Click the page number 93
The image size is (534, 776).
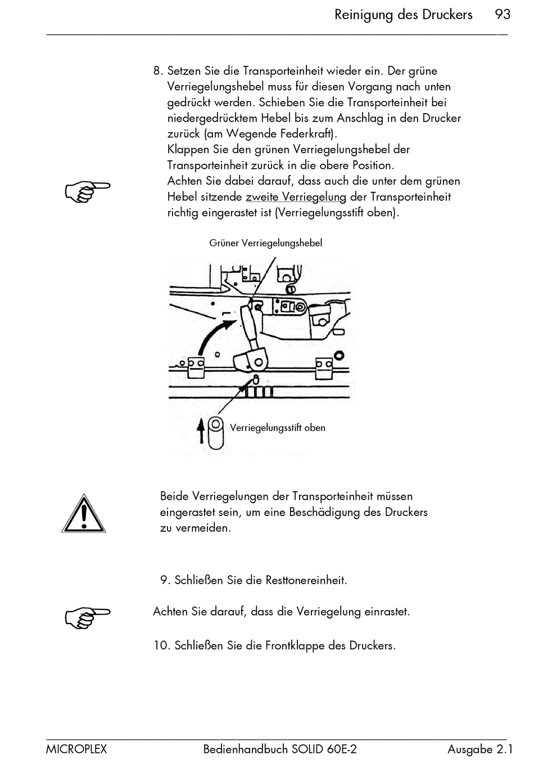pyautogui.click(x=502, y=14)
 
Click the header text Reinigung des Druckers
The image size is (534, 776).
pyautogui.click(x=403, y=15)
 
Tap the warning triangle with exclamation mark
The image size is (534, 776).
pyautogui.click(x=83, y=513)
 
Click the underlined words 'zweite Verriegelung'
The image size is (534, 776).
pyautogui.click(x=296, y=197)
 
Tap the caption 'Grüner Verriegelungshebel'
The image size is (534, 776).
pyautogui.click(x=265, y=243)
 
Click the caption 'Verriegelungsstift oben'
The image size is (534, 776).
pyautogui.click(x=277, y=428)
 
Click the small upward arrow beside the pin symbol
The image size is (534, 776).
pyautogui.click(x=201, y=432)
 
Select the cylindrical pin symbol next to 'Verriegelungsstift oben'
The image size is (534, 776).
pyautogui.click(x=215, y=432)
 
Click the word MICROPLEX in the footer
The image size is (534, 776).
pyautogui.click(x=76, y=749)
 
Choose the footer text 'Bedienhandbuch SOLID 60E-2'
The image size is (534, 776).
pyautogui.click(x=279, y=749)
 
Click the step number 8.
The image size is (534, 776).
pyautogui.click(x=157, y=71)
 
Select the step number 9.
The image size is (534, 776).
pyautogui.click(x=165, y=580)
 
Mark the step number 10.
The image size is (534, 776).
pyautogui.click(x=161, y=645)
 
